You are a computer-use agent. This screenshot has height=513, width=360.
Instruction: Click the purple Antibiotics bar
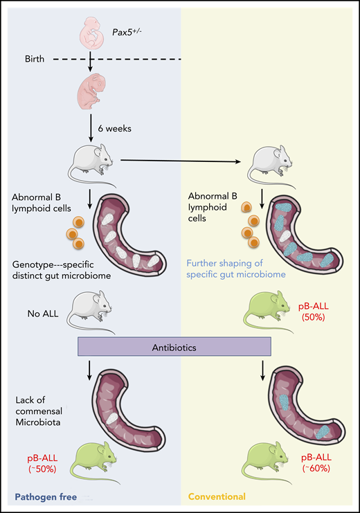click(179, 345)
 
